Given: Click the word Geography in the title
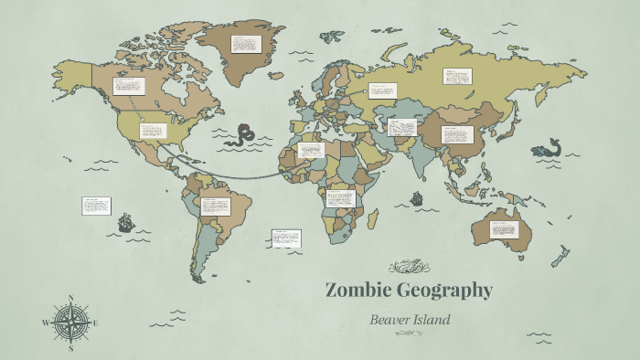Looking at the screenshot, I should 444,291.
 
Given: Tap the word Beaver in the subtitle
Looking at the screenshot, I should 390,320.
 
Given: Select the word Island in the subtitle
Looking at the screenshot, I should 433,320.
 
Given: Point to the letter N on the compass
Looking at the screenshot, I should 70,298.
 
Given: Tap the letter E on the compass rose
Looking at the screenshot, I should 95,323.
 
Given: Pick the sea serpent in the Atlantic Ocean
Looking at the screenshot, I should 242,135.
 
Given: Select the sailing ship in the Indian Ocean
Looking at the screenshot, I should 417,197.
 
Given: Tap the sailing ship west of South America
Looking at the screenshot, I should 126,221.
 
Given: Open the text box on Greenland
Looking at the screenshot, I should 246,44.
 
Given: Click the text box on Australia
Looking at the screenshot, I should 504,229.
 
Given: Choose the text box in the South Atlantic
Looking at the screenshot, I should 286,238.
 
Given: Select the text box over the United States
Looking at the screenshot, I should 153,131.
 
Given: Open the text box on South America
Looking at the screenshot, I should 216,206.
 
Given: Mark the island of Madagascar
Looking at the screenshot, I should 373,217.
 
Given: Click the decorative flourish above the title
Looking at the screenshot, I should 409,267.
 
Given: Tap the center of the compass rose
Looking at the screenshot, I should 70,323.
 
